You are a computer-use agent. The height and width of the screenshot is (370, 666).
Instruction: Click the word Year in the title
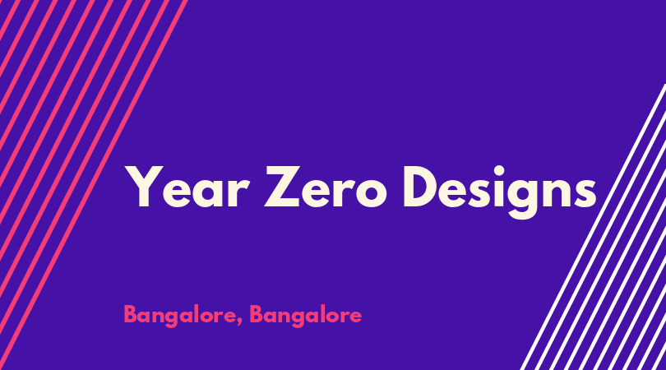pyautogui.click(x=187, y=187)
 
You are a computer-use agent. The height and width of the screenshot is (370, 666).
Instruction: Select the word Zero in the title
pyautogui.click(x=326, y=187)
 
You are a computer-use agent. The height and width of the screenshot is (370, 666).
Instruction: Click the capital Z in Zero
pyautogui.click(x=283, y=187)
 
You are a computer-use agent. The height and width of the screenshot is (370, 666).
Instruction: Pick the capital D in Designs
pyautogui.click(x=423, y=187)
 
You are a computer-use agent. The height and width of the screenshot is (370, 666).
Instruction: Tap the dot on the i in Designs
pyautogui.click(x=498, y=171)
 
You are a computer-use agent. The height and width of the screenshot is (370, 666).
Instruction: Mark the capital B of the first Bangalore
pyautogui.click(x=131, y=314)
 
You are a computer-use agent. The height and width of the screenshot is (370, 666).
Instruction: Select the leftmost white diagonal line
pyautogui.click(x=593, y=227)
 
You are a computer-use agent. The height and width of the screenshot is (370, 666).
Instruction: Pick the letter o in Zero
pyautogui.click(x=371, y=193)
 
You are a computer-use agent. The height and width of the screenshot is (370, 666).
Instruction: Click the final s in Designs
pyautogui.click(x=585, y=193)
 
